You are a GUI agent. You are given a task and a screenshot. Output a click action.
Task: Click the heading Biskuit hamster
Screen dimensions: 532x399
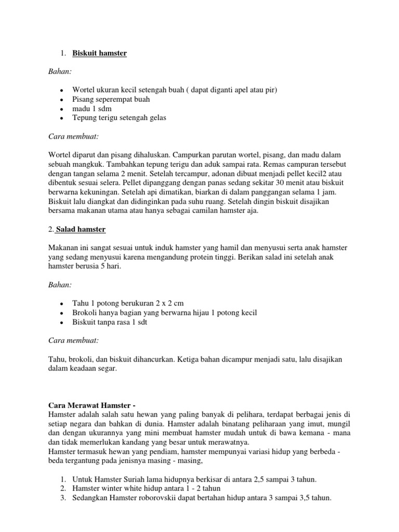pos(99,54)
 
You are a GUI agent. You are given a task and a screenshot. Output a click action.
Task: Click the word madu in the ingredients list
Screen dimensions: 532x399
pos(81,109)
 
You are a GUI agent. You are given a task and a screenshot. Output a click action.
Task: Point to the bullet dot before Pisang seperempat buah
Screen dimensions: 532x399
pos(62,99)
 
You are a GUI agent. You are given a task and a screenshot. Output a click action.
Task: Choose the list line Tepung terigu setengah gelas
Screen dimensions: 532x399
pos(119,118)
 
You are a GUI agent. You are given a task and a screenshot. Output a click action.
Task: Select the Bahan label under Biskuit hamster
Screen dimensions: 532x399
pos(59,71)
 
